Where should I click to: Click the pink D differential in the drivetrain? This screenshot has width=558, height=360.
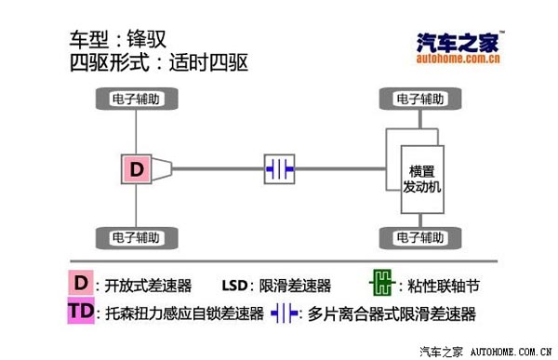[x=137, y=168]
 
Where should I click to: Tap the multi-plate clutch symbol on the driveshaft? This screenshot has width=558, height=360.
[x=280, y=168]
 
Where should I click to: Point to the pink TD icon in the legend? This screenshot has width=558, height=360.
[x=81, y=311]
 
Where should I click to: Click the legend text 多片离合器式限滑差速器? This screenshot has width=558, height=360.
[x=392, y=313]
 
